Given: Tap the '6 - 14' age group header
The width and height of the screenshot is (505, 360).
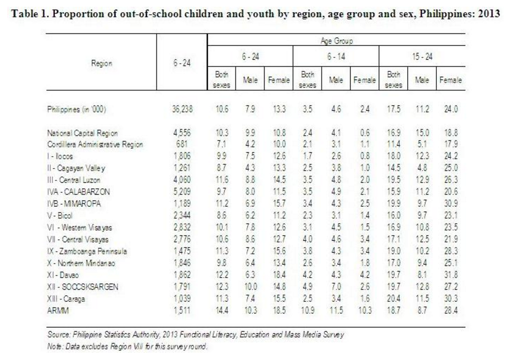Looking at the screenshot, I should click(x=335, y=58).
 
